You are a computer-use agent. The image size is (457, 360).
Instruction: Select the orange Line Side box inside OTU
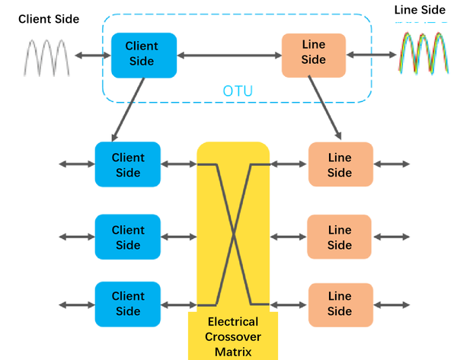[x=314, y=55]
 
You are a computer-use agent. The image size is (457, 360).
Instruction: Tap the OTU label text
[x=238, y=92]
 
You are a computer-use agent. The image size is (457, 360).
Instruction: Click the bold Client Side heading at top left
[x=48, y=18]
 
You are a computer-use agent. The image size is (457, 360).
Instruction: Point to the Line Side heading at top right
[x=420, y=10]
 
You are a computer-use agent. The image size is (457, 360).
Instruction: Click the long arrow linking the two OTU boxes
[x=229, y=55]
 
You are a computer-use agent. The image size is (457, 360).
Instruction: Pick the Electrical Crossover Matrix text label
[x=232, y=336]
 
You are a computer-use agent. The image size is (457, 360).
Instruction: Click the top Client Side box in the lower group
[x=128, y=164]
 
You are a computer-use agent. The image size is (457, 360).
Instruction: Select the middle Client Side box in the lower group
[x=128, y=237]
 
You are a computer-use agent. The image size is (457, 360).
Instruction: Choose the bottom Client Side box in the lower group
[x=128, y=304]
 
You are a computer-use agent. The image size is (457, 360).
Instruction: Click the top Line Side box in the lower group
[x=340, y=164]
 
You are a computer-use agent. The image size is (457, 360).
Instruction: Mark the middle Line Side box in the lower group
[x=340, y=237]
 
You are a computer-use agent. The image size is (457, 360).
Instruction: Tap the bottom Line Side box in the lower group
[x=340, y=304]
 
